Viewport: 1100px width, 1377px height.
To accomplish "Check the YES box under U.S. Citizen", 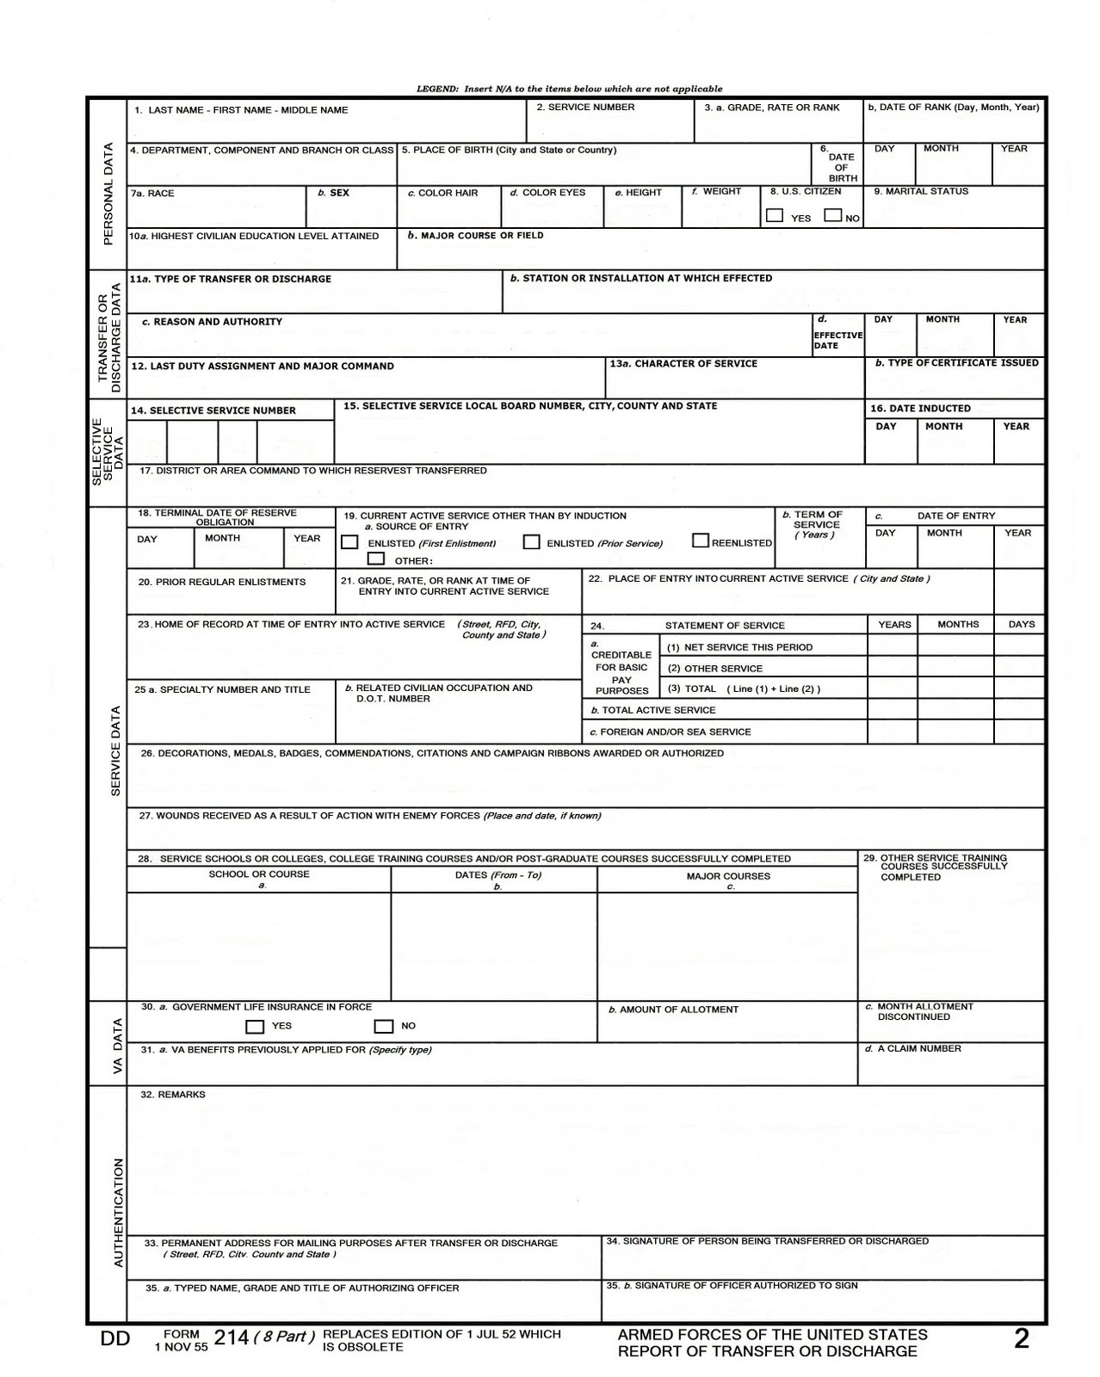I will (x=775, y=215).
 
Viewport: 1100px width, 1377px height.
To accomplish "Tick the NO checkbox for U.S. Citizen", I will (x=832, y=215).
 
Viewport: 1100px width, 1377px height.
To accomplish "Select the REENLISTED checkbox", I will (x=701, y=540).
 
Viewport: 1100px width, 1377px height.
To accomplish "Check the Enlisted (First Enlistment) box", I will (x=349, y=542).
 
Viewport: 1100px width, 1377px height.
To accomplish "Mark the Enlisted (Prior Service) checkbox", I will (x=532, y=542).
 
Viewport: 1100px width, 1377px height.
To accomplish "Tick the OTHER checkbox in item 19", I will (x=376, y=559).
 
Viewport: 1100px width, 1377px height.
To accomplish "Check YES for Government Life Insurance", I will (x=255, y=1026).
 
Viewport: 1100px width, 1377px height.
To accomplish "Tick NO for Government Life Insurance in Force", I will (x=384, y=1026).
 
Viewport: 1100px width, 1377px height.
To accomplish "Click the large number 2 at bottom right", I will (x=1022, y=1339).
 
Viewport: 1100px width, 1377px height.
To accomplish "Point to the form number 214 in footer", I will (x=231, y=1337).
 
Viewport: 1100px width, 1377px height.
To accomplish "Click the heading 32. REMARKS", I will (x=173, y=1095).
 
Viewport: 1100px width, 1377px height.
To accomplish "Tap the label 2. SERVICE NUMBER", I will (x=585, y=108).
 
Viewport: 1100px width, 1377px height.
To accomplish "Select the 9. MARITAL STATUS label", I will (x=921, y=191).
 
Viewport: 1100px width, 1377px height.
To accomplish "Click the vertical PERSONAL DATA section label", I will (x=108, y=194).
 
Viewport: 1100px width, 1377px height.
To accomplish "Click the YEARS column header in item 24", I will (x=894, y=625).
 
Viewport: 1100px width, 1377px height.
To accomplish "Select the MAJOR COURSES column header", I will (x=728, y=876).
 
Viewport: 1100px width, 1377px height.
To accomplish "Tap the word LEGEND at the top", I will (x=437, y=89).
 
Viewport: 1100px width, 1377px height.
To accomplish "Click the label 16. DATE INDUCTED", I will (x=920, y=409).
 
